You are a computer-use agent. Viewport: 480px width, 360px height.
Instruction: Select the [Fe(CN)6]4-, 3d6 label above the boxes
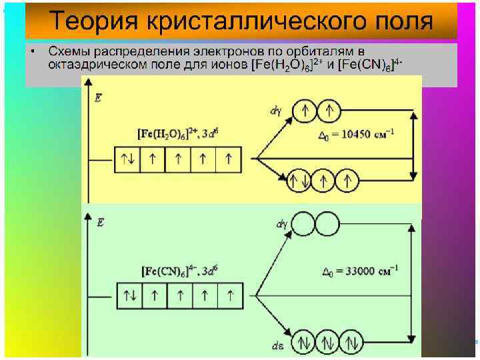click(x=180, y=271)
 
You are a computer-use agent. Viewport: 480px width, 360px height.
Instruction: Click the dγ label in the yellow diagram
click(x=275, y=111)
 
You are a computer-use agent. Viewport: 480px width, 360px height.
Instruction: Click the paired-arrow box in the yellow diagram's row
click(x=128, y=159)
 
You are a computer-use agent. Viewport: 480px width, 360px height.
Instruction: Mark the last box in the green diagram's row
click(x=230, y=294)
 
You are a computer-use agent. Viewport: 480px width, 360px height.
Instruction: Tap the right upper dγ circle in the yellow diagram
click(x=329, y=111)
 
